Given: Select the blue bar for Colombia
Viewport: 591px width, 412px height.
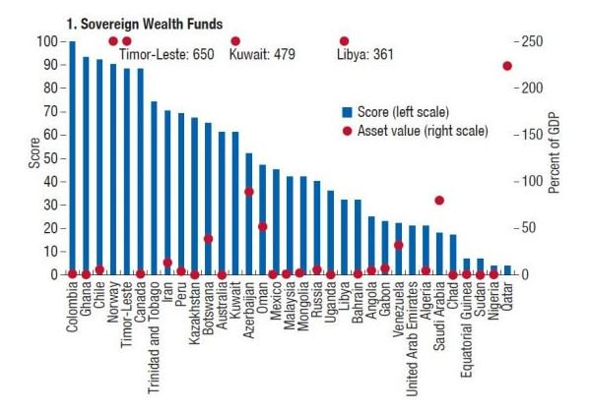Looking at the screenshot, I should pyautogui.click(x=72, y=157).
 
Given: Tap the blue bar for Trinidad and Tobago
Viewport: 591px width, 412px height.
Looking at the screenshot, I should pyautogui.click(x=154, y=188).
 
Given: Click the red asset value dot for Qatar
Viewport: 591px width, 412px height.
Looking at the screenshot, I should pyautogui.click(x=507, y=66).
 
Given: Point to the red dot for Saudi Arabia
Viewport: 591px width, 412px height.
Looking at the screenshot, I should pyautogui.click(x=439, y=201).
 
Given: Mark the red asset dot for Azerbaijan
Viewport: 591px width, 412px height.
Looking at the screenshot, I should pyautogui.click(x=249, y=192).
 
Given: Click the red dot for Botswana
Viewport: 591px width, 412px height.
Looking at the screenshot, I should pyautogui.click(x=208, y=239).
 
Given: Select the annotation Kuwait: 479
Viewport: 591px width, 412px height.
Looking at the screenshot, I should pyautogui.click(x=262, y=56).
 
